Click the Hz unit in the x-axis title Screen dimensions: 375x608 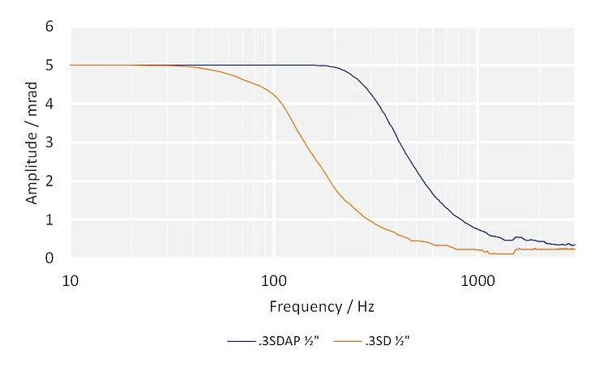(366, 307)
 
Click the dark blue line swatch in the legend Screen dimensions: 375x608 (241, 341)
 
